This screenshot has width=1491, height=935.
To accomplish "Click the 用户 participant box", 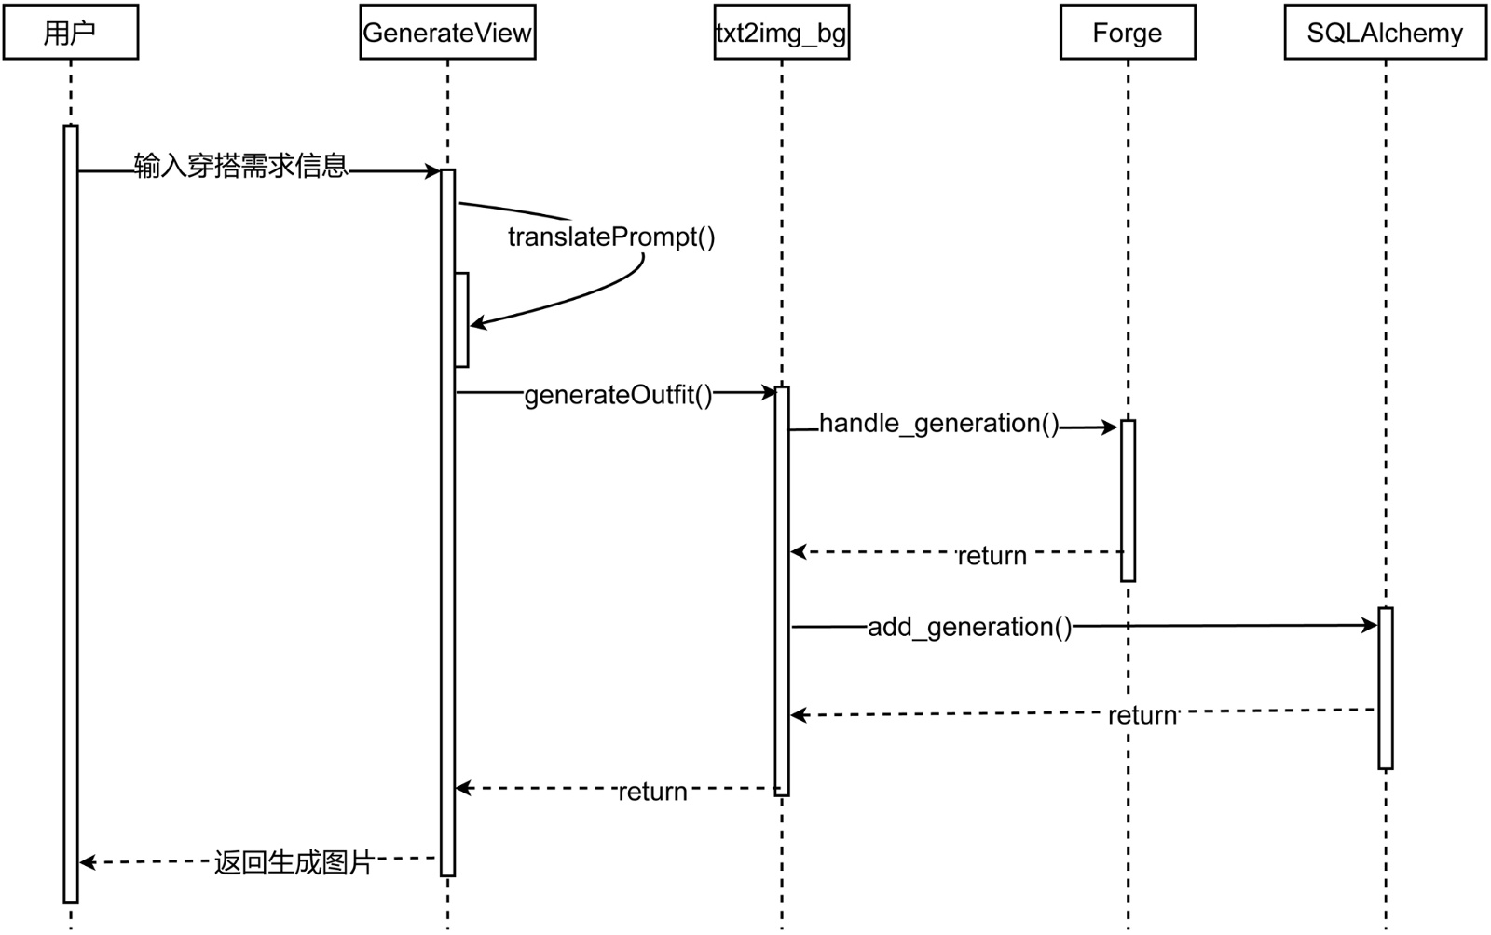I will (x=71, y=33).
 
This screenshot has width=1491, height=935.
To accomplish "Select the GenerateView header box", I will (x=447, y=33).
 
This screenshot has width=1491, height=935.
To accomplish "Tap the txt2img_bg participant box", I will (x=781, y=33).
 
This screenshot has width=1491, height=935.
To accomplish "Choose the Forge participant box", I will (x=1128, y=33).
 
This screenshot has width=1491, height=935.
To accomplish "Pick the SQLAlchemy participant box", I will (x=1385, y=33).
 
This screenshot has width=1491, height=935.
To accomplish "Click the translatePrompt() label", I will (x=611, y=237).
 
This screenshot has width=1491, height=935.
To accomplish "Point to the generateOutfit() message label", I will (x=618, y=395).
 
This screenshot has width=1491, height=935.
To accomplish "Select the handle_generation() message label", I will (x=939, y=424).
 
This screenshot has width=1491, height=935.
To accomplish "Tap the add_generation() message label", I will (x=970, y=627).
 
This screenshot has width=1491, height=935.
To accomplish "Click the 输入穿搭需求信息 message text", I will (x=241, y=166).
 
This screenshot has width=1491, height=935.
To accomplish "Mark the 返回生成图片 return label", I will (x=294, y=862).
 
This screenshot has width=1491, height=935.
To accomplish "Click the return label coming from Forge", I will (x=992, y=556).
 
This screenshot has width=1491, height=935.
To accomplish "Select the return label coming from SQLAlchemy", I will (x=1142, y=715).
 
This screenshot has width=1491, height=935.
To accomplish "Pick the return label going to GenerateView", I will (x=652, y=792).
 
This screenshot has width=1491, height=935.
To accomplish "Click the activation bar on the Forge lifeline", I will (x=1128, y=500).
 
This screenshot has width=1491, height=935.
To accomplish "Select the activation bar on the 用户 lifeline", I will (x=71, y=513).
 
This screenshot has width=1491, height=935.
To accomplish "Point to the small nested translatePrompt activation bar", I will (x=461, y=319).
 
